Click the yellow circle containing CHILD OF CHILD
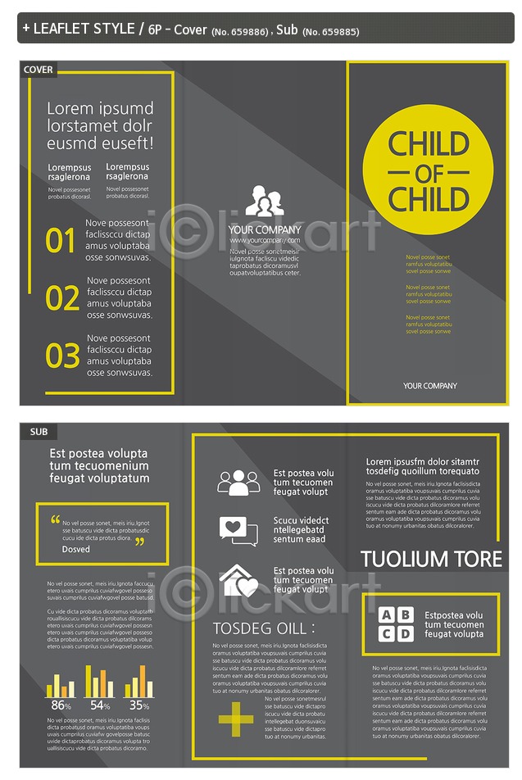tap(428, 171)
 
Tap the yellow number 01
tap(61, 242)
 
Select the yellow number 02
tap(62, 299)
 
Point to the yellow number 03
tap(62, 356)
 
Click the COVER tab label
tap(39, 70)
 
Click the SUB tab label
tap(39, 432)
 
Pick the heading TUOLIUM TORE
tap(431, 560)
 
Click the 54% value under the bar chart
tap(100, 705)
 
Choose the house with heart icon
tap(238, 580)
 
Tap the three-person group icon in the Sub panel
tap(238, 482)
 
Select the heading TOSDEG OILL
tap(263, 628)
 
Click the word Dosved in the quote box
tap(76, 550)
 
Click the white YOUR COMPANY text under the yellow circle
tap(430, 386)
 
